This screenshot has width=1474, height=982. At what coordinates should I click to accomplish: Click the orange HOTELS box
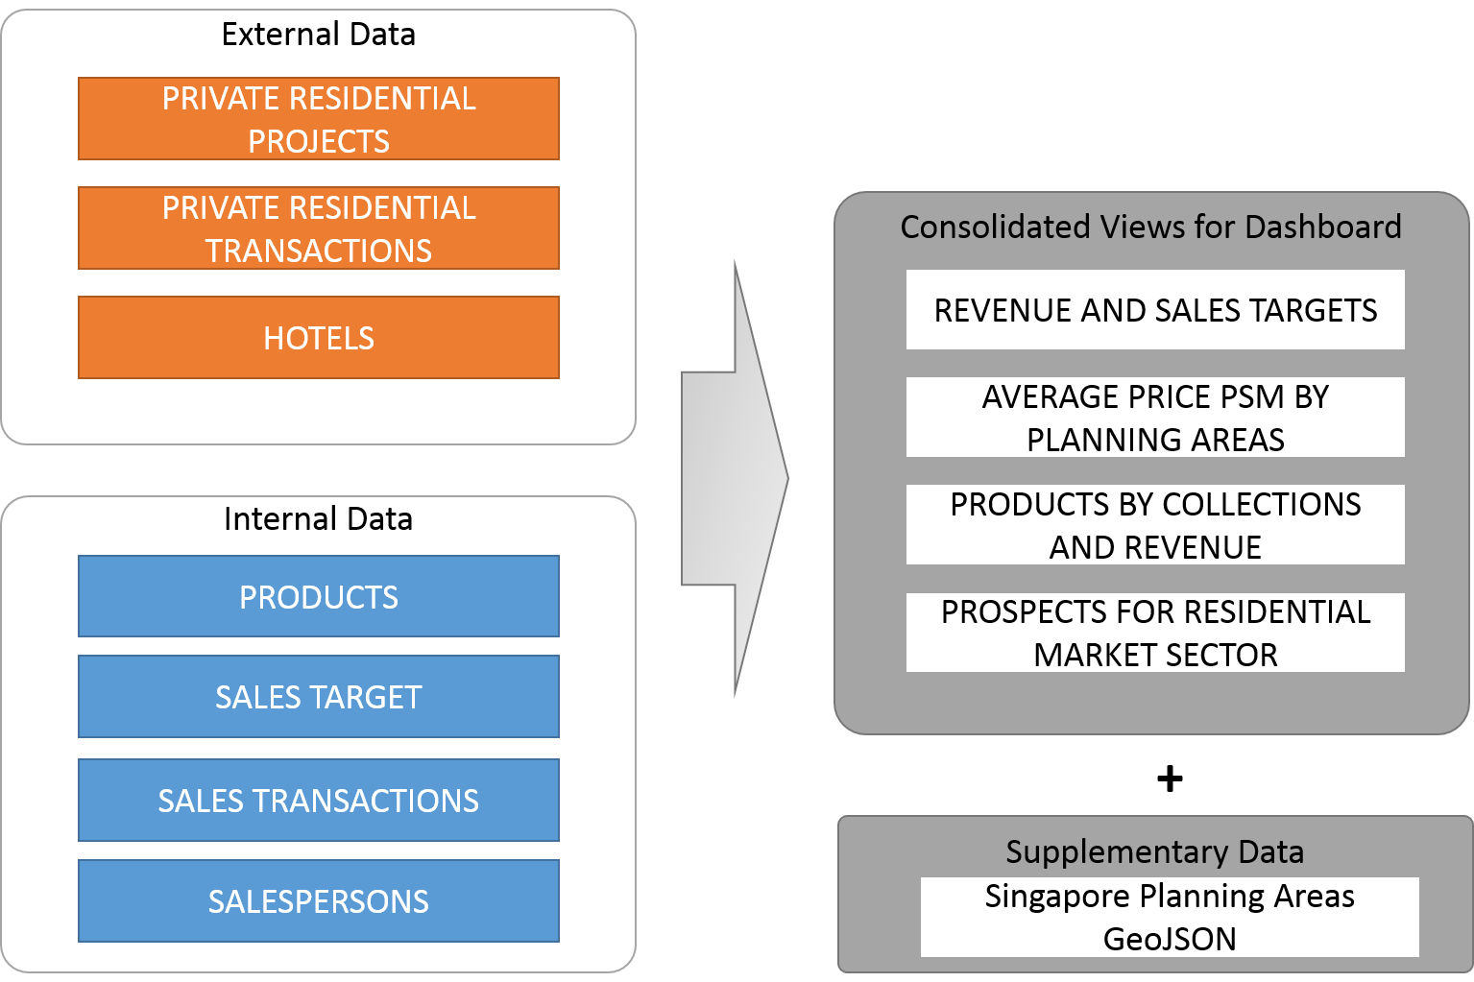[319, 338]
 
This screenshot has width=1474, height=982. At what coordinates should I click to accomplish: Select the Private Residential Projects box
[319, 118]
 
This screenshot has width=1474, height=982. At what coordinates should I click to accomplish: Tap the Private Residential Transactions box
[319, 228]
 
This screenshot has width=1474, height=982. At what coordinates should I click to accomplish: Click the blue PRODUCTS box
[319, 596]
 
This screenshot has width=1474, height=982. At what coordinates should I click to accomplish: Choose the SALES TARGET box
[319, 697]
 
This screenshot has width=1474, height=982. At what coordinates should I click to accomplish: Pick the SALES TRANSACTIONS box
[319, 800]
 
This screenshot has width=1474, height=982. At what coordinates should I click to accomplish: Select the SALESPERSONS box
[319, 901]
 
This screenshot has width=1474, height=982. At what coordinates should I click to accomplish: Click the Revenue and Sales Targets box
[1155, 309]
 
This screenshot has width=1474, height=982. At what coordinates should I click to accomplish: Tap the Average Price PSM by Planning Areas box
[1155, 417]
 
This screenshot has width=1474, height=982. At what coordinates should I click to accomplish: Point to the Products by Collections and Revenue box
[1155, 524]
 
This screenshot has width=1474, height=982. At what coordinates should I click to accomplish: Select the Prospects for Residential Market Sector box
[1155, 632]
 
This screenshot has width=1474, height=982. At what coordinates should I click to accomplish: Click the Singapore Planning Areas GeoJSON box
[1170, 917]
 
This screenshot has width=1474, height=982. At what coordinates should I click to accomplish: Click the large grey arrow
[735, 479]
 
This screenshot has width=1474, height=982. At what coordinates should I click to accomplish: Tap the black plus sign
[1170, 778]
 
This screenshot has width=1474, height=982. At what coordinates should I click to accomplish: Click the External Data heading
[319, 35]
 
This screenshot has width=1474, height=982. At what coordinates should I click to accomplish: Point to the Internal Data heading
[319, 519]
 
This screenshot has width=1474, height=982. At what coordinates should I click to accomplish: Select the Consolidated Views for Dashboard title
[1151, 227]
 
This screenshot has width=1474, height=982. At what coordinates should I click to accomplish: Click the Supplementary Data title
[1155, 852]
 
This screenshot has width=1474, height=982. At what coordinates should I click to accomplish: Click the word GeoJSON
[1170, 939]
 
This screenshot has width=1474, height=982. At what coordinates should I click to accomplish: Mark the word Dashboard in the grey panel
[1322, 227]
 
